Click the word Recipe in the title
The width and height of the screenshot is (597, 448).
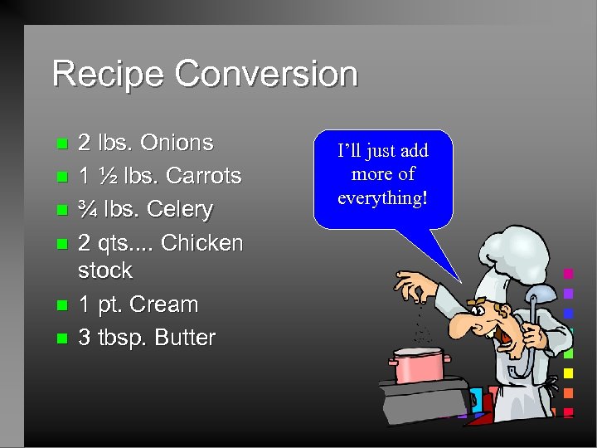(x=109, y=74)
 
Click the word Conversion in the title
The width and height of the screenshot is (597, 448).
(x=266, y=74)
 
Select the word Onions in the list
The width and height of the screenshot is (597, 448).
(x=177, y=143)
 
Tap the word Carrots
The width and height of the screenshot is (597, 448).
(x=203, y=176)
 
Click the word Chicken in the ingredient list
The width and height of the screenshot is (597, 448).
(x=201, y=243)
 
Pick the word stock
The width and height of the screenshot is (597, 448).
(x=104, y=270)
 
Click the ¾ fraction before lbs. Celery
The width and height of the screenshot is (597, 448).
(x=86, y=209)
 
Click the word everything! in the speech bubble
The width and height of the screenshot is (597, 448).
(x=383, y=197)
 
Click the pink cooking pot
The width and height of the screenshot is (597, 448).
(x=419, y=364)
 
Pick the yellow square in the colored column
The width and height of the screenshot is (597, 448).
(x=568, y=373)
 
